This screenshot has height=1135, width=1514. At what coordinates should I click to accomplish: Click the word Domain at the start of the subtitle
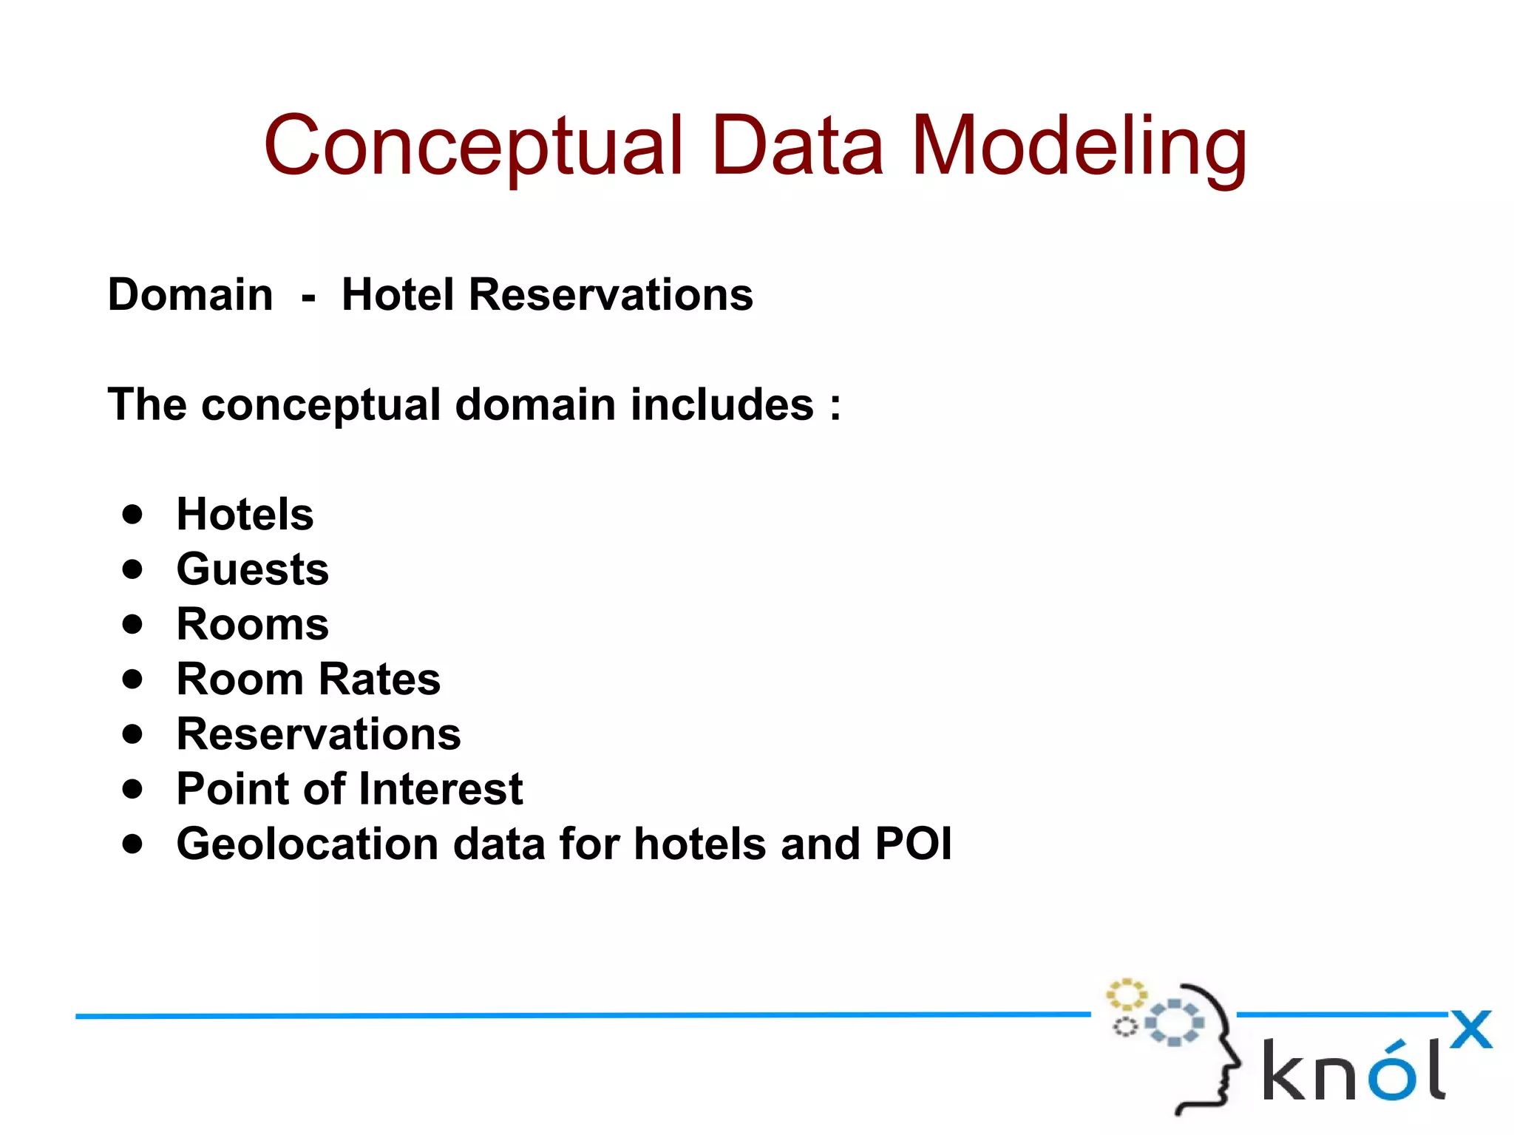click(x=190, y=294)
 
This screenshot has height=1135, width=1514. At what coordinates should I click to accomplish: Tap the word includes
click(x=722, y=404)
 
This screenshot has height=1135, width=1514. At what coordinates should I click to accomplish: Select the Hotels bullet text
click(x=245, y=514)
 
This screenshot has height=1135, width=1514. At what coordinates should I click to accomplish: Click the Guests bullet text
click(x=252, y=569)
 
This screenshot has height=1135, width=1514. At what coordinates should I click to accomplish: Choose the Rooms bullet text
click(x=252, y=624)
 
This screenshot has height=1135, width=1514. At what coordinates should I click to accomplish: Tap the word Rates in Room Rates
click(x=379, y=679)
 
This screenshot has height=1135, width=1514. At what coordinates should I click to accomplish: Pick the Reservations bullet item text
click(x=319, y=734)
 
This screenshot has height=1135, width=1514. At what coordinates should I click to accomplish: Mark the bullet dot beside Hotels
click(x=132, y=515)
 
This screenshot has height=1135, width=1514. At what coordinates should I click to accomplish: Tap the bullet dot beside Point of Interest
click(x=132, y=789)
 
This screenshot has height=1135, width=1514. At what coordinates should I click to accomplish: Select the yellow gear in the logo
click(x=1125, y=995)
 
